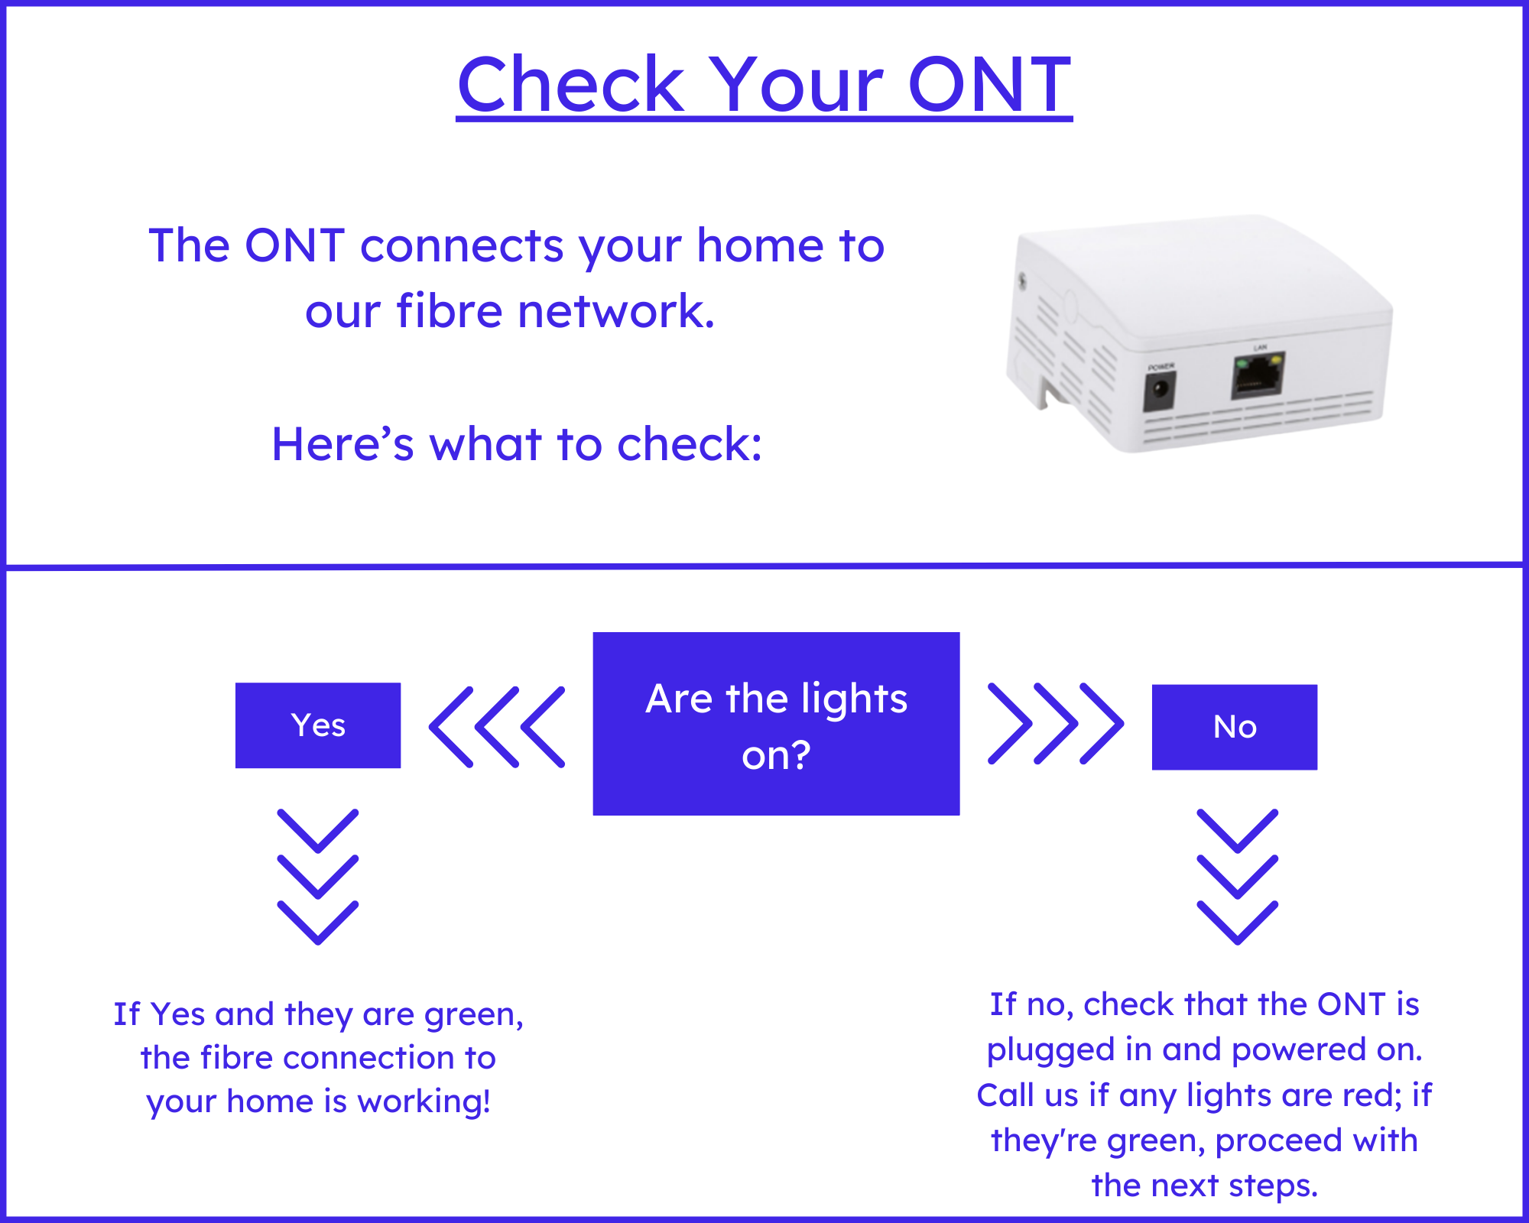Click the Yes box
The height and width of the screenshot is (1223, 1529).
(x=318, y=725)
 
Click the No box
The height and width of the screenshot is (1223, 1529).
(x=1235, y=727)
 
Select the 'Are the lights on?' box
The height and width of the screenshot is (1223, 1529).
(x=776, y=724)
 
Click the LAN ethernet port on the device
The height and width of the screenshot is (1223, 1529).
(x=1258, y=375)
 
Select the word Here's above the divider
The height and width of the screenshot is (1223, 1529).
(x=342, y=444)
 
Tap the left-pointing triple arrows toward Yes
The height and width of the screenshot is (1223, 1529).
(x=497, y=727)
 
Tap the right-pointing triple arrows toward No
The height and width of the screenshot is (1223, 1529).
(x=1056, y=724)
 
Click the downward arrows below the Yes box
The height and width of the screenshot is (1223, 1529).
(x=318, y=877)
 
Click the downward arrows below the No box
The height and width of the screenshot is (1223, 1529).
(x=1237, y=877)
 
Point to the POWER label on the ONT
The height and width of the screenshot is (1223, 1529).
(x=1161, y=367)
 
